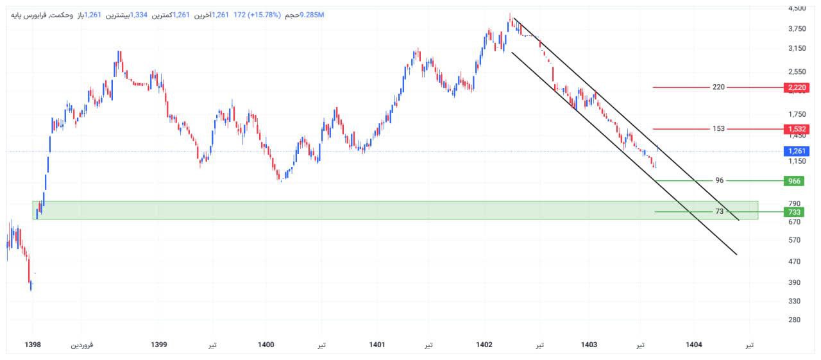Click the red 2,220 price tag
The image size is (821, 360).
click(795, 87)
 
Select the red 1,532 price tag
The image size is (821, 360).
click(795, 129)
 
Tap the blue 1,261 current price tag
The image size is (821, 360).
click(795, 151)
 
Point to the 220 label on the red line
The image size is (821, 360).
click(718, 87)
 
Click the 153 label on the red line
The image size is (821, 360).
click(718, 129)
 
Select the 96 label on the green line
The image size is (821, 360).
click(720, 181)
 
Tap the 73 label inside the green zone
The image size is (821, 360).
click(720, 212)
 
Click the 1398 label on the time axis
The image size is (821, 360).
click(33, 345)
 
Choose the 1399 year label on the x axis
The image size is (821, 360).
click(159, 345)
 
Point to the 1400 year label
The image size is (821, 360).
click(266, 345)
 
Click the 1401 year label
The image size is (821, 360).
click(377, 345)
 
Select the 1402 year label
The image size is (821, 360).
click(484, 345)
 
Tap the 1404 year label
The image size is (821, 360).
click(693, 345)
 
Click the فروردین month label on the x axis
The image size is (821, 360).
click(81, 345)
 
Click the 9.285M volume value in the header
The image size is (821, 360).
click(312, 15)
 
